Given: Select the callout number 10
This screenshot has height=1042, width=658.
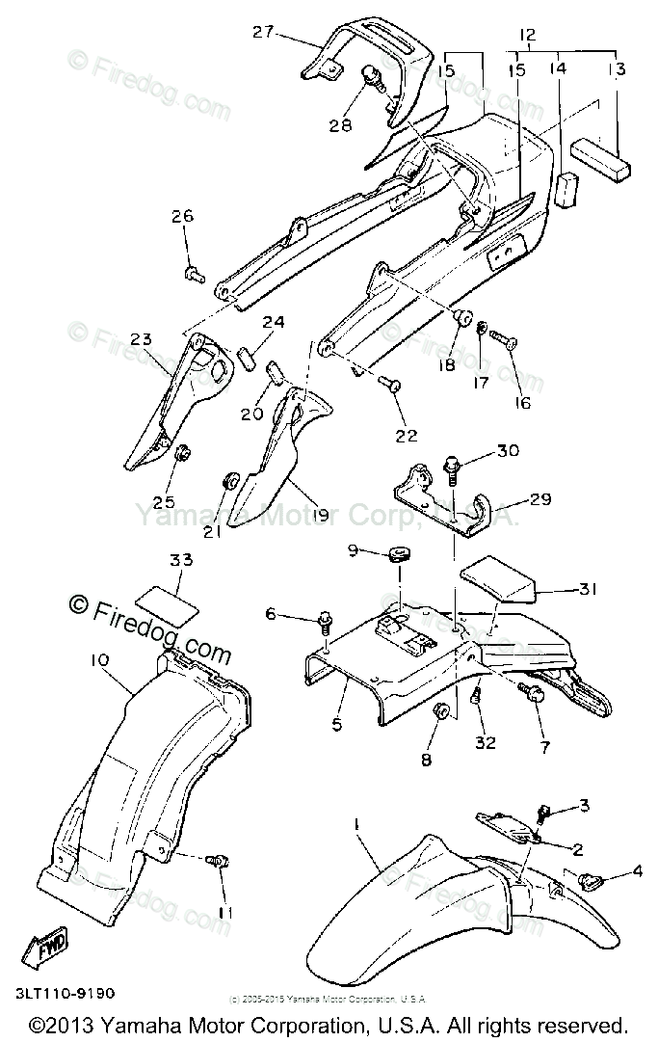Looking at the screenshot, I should [100, 660].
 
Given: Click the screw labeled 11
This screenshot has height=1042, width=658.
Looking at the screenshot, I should [221, 860].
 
